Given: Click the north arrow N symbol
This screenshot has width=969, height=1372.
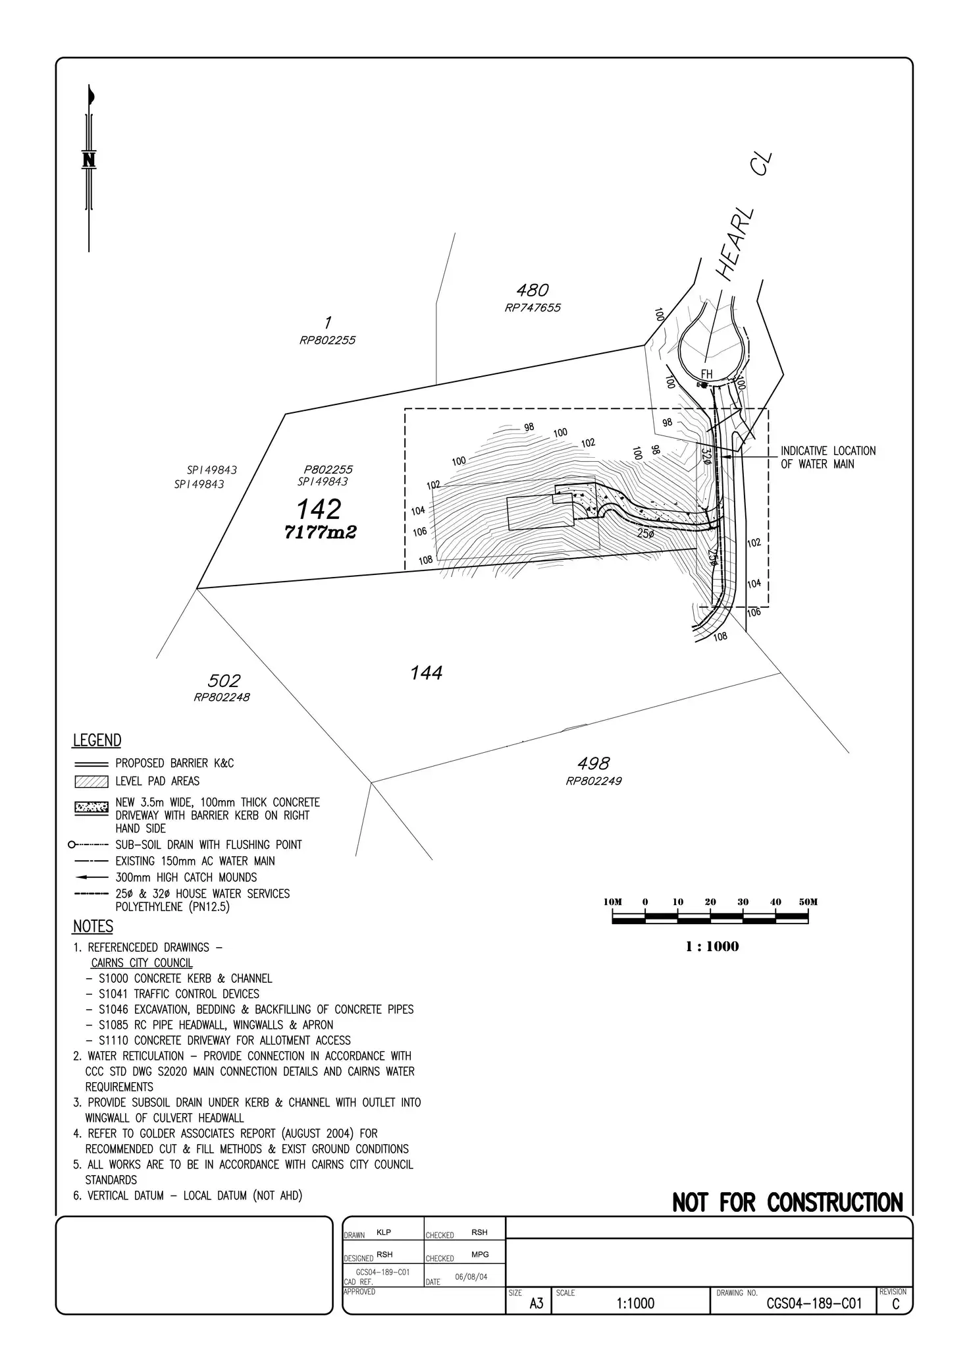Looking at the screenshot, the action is coord(89,160).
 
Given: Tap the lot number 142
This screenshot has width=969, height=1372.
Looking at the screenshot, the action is coord(319,509).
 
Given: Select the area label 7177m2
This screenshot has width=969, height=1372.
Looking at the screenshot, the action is coord(320,532).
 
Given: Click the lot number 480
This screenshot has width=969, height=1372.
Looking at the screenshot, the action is coord(533,290).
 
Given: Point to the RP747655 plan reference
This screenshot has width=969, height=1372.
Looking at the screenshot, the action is coord(533,308).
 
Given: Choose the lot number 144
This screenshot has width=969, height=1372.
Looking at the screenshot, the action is coord(427,672).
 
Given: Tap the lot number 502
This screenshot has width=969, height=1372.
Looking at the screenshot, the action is coord(224,680).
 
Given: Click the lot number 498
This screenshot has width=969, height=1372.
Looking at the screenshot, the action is coord(594,763).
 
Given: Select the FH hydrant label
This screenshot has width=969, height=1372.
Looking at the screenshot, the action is coord(706,375).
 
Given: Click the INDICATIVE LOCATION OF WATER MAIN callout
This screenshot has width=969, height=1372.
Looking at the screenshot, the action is coord(828,457).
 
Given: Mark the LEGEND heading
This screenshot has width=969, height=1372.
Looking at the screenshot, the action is coord(97,740).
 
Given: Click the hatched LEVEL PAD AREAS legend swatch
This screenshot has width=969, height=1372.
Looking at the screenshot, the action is coord(92,782).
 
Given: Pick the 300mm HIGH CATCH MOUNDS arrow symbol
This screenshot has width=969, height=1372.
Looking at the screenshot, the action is coord(92,877).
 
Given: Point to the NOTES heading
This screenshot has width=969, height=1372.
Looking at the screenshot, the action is coord(93,926).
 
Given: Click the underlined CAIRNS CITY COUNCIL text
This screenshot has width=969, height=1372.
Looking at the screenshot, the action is coord(142,963).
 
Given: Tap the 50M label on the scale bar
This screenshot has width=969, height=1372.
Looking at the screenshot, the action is coord(808,902).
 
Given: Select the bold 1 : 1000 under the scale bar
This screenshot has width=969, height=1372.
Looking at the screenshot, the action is coord(712,947).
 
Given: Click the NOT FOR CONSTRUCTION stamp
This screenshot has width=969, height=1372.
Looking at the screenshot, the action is coord(788,1203).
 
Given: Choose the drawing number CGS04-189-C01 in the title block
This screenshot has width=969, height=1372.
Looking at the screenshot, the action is coord(814,1303).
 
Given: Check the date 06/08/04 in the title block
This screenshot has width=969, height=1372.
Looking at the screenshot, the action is coord(471,1276).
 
